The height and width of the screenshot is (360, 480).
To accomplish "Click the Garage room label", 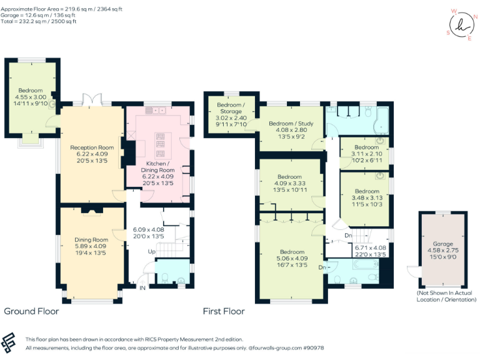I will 443,244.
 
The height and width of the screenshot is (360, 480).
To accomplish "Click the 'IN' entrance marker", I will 142,288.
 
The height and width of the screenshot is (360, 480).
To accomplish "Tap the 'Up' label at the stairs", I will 151,251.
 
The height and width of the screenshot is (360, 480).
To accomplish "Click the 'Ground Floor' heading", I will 31,311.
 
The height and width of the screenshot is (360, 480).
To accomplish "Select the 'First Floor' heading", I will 223,311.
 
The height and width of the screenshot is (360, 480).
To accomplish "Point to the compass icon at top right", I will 461,25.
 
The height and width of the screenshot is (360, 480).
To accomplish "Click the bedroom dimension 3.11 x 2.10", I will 366,154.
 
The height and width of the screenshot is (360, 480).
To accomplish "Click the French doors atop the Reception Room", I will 92,99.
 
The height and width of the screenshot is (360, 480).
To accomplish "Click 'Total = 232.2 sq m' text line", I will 39,21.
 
